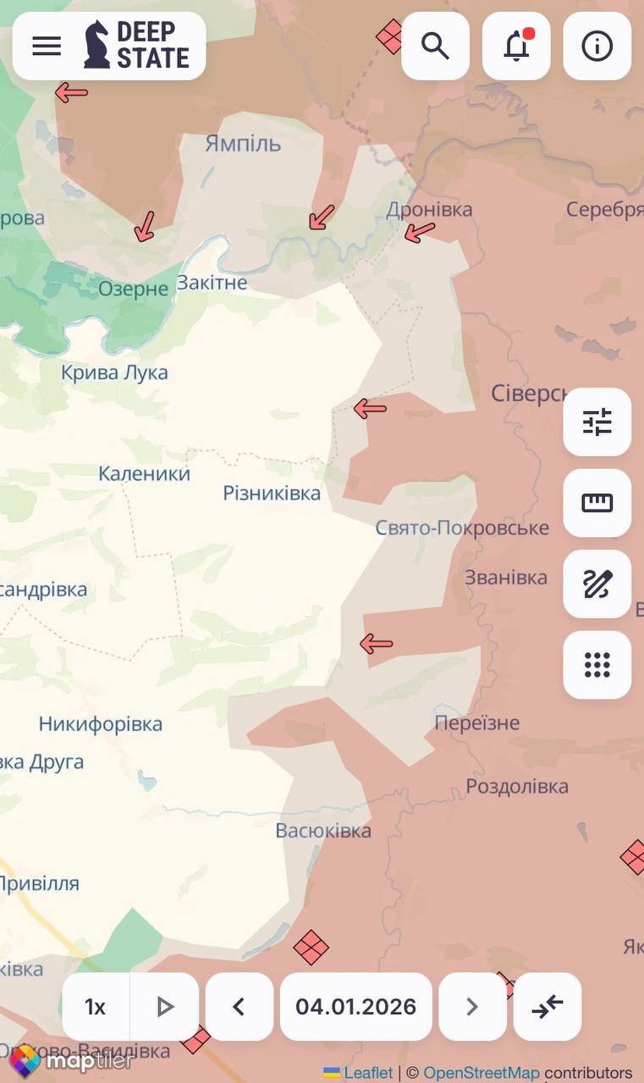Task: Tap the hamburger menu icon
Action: [x=47, y=46]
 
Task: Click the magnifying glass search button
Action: [x=435, y=46]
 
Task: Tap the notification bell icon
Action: [x=516, y=46]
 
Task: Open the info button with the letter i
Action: [x=597, y=46]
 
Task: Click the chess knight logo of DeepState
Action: [x=96, y=46]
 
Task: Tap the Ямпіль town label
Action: [x=243, y=143]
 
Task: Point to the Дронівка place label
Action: [x=429, y=209]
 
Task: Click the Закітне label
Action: [x=212, y=282]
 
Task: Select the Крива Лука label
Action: [x=114, y=372]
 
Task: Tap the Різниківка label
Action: [x=272, y=492]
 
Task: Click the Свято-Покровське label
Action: [x=462, y=528]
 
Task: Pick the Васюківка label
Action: [x=323, y=830]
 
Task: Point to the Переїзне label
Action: [x=477, y=723]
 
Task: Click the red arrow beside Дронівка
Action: [x=419, y=231]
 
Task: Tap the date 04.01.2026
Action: [x=355, y=1007]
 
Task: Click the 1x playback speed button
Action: [x=96, y=1007]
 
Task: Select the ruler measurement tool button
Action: [x=597, y=503]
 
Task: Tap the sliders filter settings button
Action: [x=597, y=421]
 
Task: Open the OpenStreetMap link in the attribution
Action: [x=481, y=1073]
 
